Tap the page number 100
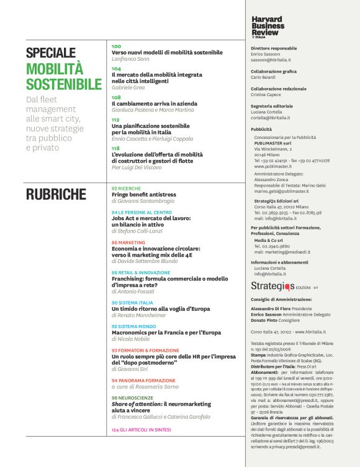(x=117, y=47)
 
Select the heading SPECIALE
(x=51, y=53)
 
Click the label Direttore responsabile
(x=274, y=48)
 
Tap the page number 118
(x=116, y=148)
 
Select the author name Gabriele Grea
(x=128, y=87)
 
